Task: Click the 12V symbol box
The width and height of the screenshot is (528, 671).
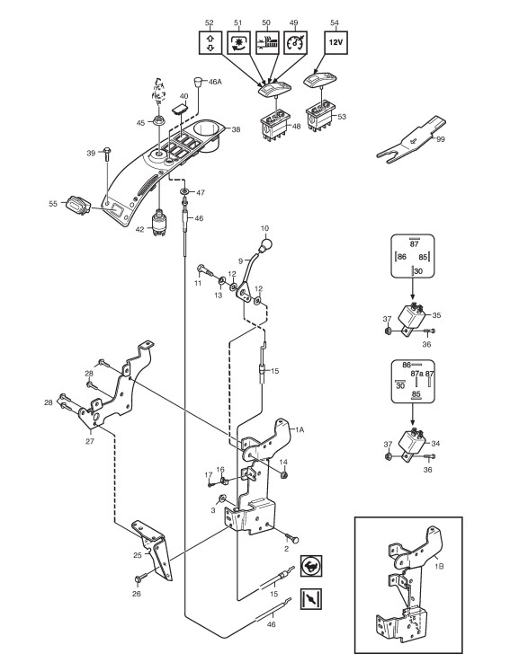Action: pos(336,42)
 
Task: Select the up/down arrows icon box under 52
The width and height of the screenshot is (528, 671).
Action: pos(210,42)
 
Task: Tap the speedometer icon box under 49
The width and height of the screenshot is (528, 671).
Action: pos(295,42)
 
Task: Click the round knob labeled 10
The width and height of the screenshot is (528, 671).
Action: pos(264,245)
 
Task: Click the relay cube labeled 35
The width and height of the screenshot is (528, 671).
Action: pos(410,316)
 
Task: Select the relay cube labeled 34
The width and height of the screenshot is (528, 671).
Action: pos(412,443)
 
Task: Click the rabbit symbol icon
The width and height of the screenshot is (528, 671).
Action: pos(311,567)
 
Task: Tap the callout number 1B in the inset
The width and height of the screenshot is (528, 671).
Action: pos(439,566)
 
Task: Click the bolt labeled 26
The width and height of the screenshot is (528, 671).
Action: pos(140,578)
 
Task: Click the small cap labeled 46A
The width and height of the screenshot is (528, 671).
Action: pos(199,82)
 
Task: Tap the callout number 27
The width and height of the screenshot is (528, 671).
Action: pos(90,441)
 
